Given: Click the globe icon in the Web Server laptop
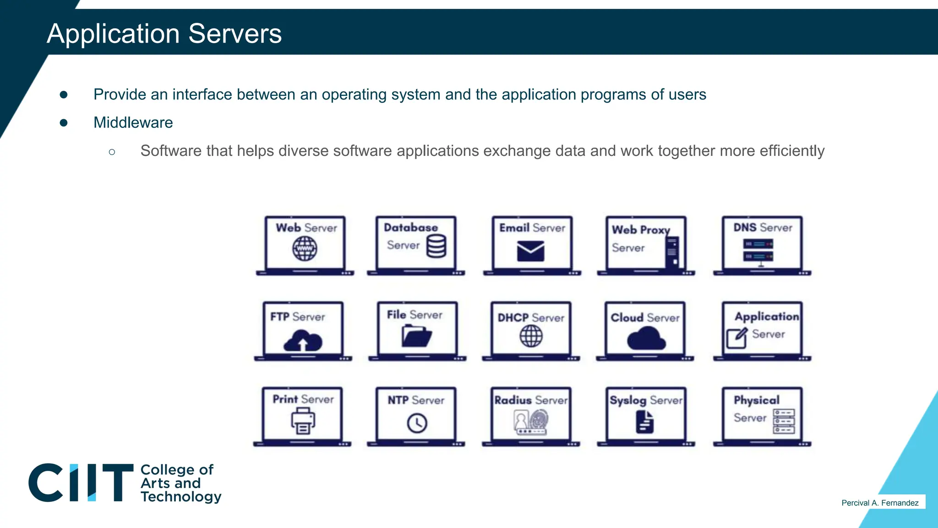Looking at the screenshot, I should tap(305, 249).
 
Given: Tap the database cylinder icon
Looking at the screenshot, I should tap(436, 246).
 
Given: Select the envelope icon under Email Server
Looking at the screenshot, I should tap(530, 251).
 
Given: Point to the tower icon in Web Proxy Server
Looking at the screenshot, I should tap(672, 252).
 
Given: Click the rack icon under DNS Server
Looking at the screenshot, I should tap(758, 251).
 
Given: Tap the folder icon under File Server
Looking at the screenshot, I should tap(416, 335).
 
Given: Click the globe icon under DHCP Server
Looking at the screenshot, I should tap(531, 336).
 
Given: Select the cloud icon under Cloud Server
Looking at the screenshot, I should tap(646, 339).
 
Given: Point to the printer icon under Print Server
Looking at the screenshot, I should tap(303, 421).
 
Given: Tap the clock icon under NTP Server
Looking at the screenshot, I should tap(417, 423).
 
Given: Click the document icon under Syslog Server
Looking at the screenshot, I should tap(645, 422).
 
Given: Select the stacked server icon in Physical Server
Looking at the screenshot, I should tap(784, 421).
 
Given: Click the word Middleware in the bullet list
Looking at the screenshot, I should tap(133, 123).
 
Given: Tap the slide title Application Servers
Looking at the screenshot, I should tap(164, 34).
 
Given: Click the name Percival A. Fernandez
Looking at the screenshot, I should tap(879, 503).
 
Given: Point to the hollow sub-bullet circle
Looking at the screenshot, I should tap(112, 152).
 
